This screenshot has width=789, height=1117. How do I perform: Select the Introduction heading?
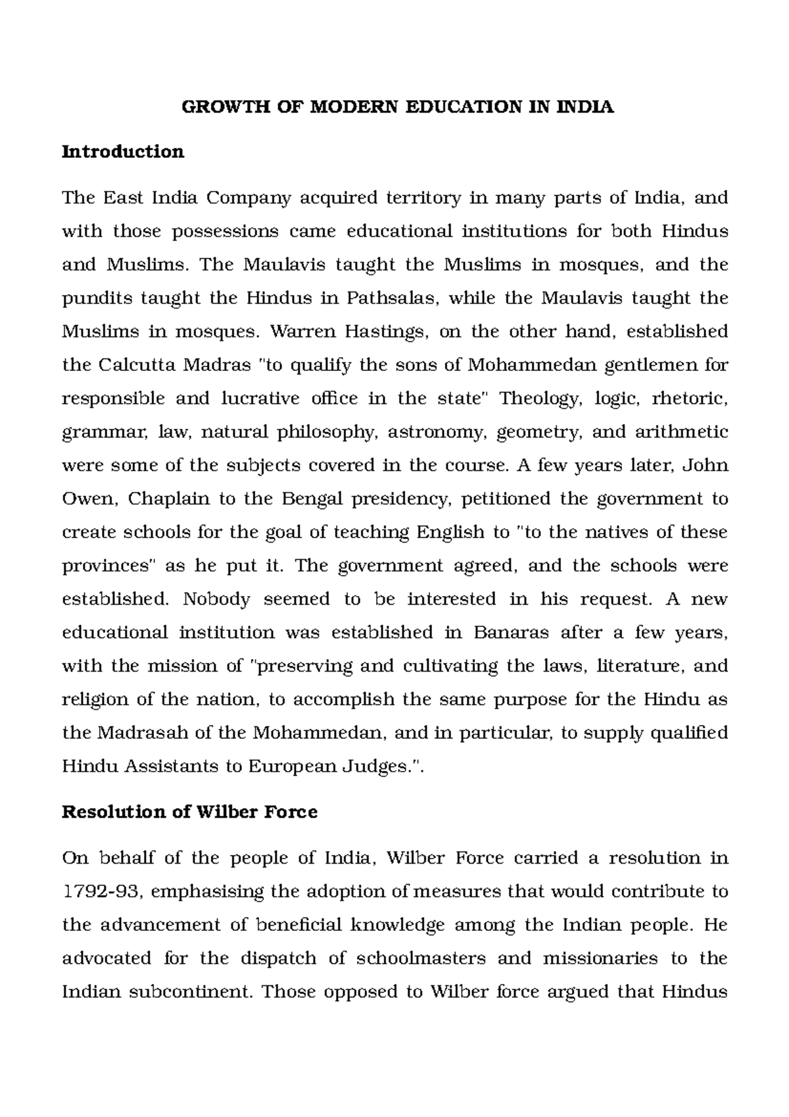coord(123,152)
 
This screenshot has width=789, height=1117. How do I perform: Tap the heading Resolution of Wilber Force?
coord(189,812)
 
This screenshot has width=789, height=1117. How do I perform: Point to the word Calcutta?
coord(131,365)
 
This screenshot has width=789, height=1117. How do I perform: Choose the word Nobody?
coord(217,599)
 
